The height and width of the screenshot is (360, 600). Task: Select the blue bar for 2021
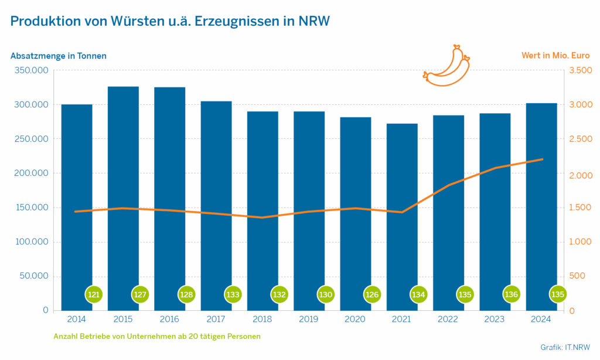pyautogui.click(x=402, y=217)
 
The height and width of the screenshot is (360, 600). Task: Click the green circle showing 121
pyautogui.click(x=93, y=294)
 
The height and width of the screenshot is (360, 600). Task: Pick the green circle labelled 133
pyautogui.click(x=233, y=294)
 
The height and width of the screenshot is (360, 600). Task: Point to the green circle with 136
pyautogui.click(x=512, y=294)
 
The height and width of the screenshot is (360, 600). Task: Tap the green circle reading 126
pyautogui.click(x=372, y=294)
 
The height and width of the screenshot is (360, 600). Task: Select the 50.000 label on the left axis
pyautogui.click(x=32, y=276)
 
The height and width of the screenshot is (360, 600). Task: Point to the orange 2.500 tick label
pyautogui.click(x=580, y=139)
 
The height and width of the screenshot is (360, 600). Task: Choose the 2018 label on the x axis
pyautogui.click(x=262, y=319)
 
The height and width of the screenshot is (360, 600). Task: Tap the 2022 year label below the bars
pyautogui.click(x=448, y=319)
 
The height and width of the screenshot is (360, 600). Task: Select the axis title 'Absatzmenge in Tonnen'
pyautogui.click(x=59, y=56)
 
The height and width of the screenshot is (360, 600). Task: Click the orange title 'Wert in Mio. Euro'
pyautogui.click(x=555, y=56)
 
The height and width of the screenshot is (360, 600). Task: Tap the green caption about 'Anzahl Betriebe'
pyautogui.click(x=157, y=337)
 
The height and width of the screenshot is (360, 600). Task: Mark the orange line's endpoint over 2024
pyautogui.click(x=542, y=159)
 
